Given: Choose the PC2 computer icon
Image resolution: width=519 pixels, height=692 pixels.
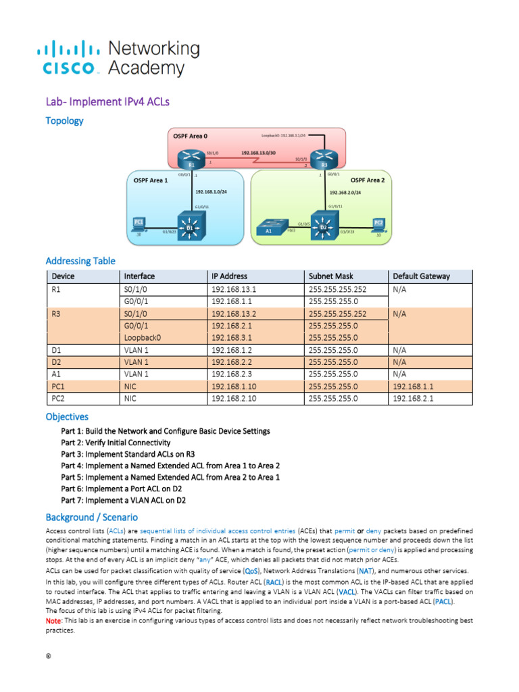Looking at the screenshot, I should tap(378, 225).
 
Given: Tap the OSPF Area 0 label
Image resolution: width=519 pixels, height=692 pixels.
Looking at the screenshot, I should tap(191, 136).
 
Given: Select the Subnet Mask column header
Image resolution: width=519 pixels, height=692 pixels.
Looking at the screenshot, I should tap(331, 276).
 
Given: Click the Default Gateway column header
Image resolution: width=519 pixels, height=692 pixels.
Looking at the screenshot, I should tap(421, 276).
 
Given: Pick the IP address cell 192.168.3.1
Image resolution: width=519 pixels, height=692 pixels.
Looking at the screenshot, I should tap(233, 337).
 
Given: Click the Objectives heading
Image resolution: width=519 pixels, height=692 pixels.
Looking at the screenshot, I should tap(67, 416).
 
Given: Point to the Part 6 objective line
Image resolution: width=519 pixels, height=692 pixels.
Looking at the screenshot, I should tap(124, 489).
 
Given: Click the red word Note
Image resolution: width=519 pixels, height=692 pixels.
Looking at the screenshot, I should tap(53, 620).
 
